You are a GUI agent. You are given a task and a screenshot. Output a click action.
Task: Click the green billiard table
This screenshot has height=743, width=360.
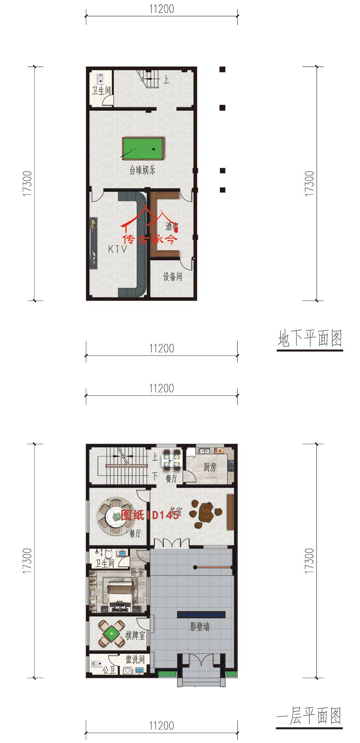pyautogui.click(x=143, y=148)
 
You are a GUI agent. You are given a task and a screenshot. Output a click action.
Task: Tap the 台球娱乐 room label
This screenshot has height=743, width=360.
pyautogui.click(x=143, y=170)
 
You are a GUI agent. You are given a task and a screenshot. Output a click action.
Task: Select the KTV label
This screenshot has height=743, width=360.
pyautogui.click(x=118, y=249)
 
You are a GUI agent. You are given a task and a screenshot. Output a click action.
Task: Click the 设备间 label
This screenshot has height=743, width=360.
pyautogui.click(x=172, y=276)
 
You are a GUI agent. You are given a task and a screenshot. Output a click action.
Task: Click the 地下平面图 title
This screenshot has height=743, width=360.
pyautogui.click(x=310, y=339)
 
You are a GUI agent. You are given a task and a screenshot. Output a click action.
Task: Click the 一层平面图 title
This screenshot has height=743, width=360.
pyautogui.click(x=309, y=716)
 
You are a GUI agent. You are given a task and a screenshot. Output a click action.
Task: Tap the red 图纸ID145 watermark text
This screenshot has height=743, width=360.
pyautogui.click(x=150, y=515)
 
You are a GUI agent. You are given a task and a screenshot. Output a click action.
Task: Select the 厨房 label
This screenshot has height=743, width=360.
pyautogui.click(x=210, y=468)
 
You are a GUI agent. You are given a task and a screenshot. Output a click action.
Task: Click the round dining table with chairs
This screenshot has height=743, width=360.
pyautogui.click(x=116, y=515)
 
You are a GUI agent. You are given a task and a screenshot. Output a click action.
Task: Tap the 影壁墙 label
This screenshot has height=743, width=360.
pyautogui.click(x=200, y=627)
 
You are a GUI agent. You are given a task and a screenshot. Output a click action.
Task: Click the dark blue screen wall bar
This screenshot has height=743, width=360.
pyautogui.click(x=201, y=614)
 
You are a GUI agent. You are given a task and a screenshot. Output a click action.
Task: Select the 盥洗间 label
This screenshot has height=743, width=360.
pyautogui.click(x=135, y=659)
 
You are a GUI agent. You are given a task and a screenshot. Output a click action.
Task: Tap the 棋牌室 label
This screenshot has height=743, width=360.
pyautogui.click(x=135, y=635)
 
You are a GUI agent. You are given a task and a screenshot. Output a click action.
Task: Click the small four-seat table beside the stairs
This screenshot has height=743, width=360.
pyautogui.click(x=171, y=460)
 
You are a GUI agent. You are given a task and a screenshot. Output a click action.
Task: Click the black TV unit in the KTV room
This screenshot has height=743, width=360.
pyautogui.click(x=94, y=243)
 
